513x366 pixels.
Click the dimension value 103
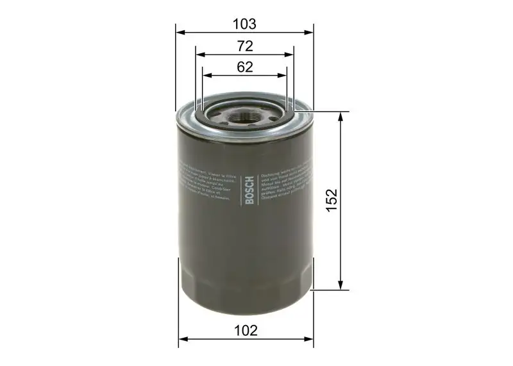click(x=244, y=24)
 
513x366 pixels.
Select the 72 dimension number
click(x=244, y=46)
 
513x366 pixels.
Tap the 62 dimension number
click(x=244, y=67)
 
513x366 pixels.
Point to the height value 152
click(x=331, y=201)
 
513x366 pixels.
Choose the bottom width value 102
click(x=246, y=331)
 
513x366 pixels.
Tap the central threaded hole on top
click(x=246, y=117)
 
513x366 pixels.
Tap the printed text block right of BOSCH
click(x=286, y=182)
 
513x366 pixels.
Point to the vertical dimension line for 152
click(x=341, y=244)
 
